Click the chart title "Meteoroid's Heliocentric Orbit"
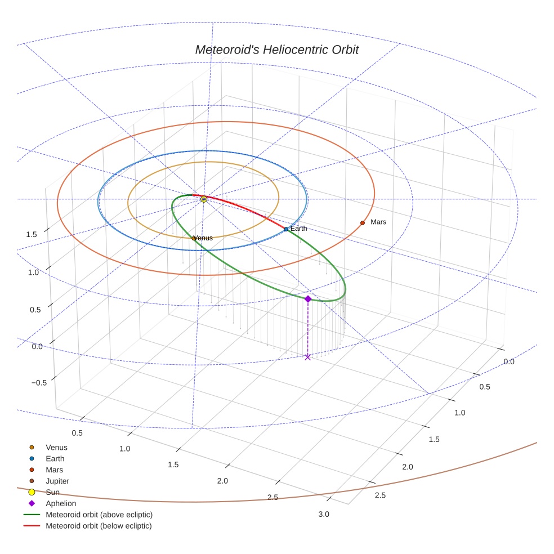276,50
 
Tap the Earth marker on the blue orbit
286,229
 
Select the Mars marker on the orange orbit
363,223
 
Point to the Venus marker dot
194,238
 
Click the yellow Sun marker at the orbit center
204,199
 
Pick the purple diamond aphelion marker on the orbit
308,298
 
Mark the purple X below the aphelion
307,357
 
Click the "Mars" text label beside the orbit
378,222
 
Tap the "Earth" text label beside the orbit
299,228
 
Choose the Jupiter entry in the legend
57,481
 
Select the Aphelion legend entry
60,503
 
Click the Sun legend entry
52,492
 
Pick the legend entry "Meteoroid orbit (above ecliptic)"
99,515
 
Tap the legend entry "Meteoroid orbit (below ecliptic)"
99,526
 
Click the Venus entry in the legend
56,448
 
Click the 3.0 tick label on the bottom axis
324,514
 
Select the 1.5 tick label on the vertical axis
32,234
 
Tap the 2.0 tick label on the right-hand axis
407,467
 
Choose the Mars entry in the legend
54,470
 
